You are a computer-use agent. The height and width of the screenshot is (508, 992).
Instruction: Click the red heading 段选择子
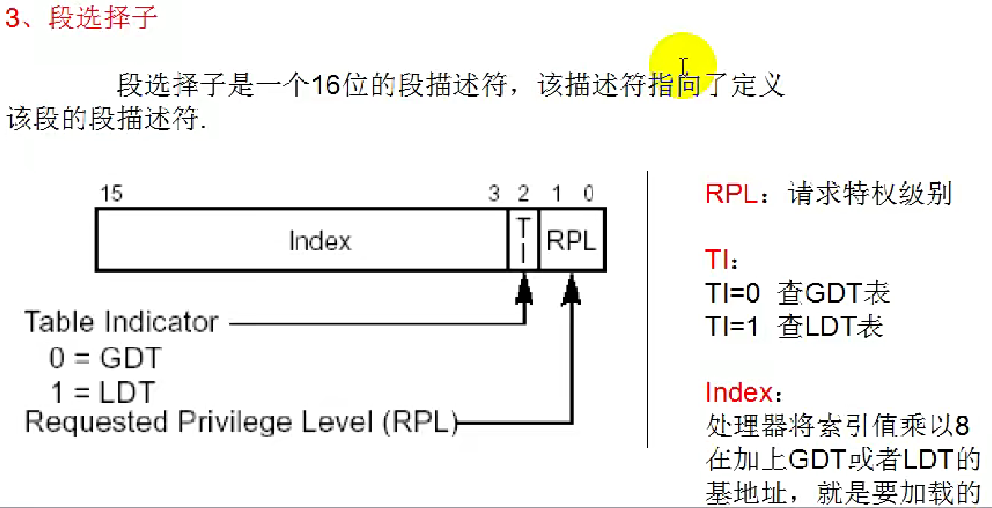(x=103, y=18)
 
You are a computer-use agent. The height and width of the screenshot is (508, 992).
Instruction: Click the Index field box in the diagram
(x=302, y=240)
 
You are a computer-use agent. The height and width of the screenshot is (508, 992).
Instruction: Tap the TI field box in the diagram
(x=523, y=240)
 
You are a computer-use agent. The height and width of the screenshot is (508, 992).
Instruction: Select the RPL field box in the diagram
(x=572, y=240)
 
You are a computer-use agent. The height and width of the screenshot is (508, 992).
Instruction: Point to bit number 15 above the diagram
(x=111, y=194)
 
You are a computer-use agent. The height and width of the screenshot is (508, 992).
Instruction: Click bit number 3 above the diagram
(x=494, y=194)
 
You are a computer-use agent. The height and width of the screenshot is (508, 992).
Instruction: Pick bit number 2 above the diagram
(x=523, y=194)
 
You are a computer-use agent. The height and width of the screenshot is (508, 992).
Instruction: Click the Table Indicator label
(x=121, y=322)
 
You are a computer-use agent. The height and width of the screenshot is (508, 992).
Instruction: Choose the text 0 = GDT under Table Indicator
(x=105, y=358)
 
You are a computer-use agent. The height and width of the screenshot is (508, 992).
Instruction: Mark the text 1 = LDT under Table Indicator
(x=103, y=392)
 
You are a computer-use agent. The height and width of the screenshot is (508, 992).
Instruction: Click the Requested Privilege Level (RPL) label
(x=241, y=422)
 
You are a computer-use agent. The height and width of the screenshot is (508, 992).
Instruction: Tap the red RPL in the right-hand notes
(x=731, y=194)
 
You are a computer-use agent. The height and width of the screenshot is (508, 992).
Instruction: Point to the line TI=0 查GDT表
(x=798, y=294)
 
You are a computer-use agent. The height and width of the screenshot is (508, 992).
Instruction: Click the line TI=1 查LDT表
(x=794, y=326)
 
